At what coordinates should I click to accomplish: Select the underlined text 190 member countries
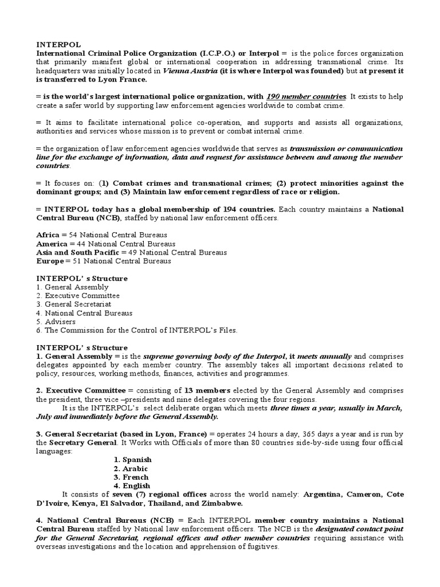[307, 97]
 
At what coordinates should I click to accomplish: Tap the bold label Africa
[48, 235]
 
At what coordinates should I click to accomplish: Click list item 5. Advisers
[56, 322]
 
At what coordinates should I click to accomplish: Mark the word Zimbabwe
[222, 503]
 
